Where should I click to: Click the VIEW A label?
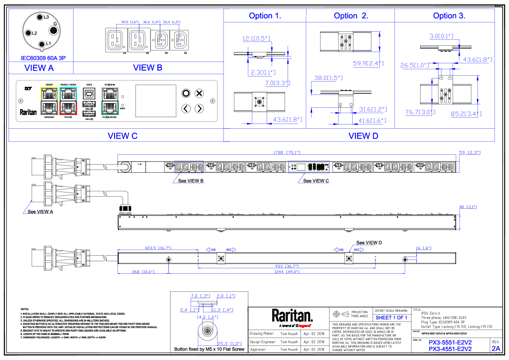click(x=39, y=68)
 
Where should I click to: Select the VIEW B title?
click(x=148, y=68)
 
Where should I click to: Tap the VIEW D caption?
click(x=363, y=136)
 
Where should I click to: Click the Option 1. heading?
click(x=265, y=16)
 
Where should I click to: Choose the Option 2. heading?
click(x=351, y=16)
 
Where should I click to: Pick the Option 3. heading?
click(x=449, y=16)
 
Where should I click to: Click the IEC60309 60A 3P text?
click(x=43, y=58)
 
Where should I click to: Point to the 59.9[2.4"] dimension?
click(x=368, y=64)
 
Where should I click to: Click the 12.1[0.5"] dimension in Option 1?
click(x=256, y=38)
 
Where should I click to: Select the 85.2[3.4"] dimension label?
click(x=466, y=114)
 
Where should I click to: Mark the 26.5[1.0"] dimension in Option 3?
click(x=415, y=65)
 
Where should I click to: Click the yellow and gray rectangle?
click(x=49, y=101)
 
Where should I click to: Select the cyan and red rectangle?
click(x=68, y=101)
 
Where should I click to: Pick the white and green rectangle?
click(x=110, y=101)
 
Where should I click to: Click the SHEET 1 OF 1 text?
click(x=391, y=318)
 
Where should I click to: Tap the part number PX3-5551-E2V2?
click(x=450, y=342)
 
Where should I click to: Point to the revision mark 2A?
click(x=496, y=349)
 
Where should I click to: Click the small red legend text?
click(x=304, y=326)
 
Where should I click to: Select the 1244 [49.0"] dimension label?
click(x=287, y=272)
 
